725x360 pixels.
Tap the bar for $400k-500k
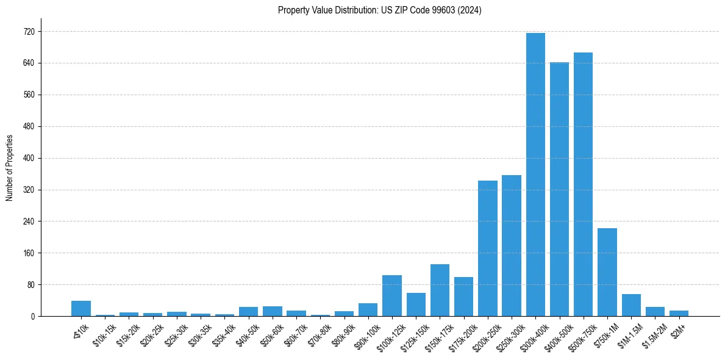559,189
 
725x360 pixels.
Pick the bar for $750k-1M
607,272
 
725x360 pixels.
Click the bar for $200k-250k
488,248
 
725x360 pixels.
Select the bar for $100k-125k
392,296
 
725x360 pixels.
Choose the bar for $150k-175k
440,290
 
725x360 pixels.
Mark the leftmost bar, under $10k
81,309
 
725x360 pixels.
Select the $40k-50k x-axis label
247,336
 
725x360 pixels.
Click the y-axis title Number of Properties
10,167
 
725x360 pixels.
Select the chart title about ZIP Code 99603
379,10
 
